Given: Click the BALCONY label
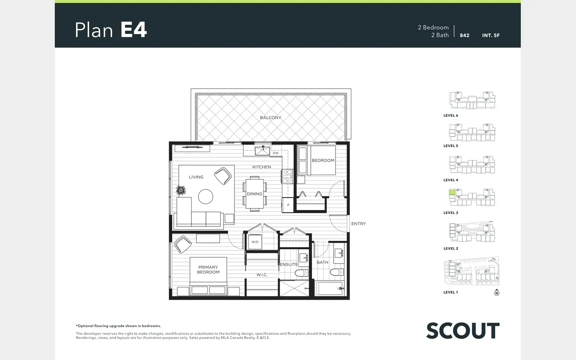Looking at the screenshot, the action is (270, 118).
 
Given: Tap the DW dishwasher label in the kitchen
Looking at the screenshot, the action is (276, 153).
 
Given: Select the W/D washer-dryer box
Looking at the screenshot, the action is (255, 242).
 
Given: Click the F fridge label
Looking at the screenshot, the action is (288, 205).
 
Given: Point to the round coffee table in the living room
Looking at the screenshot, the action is (206, 196).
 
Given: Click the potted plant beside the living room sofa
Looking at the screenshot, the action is (181, 190).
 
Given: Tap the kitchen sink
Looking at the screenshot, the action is (262, 151).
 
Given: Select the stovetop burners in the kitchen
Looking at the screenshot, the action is (287, 176).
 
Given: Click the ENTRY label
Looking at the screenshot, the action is (358, 224).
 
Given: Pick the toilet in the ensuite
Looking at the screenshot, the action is (301, 273).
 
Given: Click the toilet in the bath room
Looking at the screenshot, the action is (337, 272).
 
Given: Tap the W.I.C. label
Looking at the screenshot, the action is (262, 275).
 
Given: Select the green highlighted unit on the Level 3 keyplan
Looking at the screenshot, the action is (452, 192).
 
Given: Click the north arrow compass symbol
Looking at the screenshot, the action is (496, 292).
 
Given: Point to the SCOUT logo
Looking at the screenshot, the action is (463, 331).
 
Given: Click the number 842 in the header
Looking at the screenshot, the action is (465, 36).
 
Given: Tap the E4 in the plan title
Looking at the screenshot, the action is (134, 30).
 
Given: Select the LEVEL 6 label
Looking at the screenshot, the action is (451, 116).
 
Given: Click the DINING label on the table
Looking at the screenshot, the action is (254, 194).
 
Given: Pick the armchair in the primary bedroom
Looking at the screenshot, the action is (182, 244).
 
